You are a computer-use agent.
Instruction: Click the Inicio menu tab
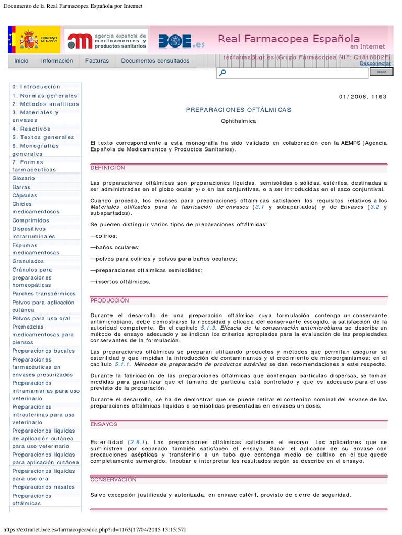(x=21, y=61)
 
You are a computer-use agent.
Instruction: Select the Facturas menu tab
(x=97, y=61)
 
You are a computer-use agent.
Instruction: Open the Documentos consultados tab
(x=155, y=61)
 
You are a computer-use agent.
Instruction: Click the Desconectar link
(x=375, y=64)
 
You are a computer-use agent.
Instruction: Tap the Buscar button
(x=381, y=72)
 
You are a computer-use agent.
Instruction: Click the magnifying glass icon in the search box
(x=222, y=73)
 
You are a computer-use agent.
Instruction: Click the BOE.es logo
(x=181, y=41)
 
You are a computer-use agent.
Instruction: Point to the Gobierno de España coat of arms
(x=29, y=40)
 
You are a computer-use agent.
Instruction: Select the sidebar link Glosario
(x=24, y=178)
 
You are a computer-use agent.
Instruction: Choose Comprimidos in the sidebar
(x=30, y=220)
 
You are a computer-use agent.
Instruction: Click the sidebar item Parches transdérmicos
(x=44, y=294)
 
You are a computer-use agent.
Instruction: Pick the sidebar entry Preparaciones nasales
(x=43, y=487)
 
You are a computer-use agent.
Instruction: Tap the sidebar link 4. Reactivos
(x=31, y=129)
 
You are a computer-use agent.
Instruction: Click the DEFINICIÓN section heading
(x=108, y=168)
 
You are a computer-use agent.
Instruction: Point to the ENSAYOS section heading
(x=104, y=424)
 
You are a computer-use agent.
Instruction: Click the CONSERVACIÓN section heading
(x=113, y=479)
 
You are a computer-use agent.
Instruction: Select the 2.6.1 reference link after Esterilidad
(x=139, y=442)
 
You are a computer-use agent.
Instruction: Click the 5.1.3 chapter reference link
(x=208, y=328)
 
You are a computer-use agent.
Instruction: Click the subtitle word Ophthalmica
(x=239, y=121)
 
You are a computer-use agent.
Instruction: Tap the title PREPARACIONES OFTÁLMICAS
(x=239, y=110)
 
